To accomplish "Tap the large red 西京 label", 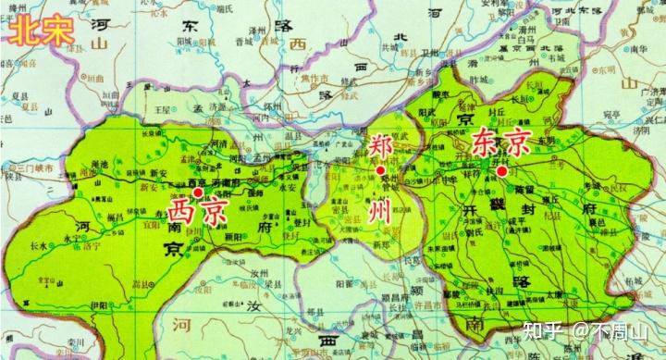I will [197, 212].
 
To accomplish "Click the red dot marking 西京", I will [199, 192].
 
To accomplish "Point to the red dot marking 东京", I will [501, 170].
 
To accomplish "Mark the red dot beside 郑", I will [380, 170].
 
